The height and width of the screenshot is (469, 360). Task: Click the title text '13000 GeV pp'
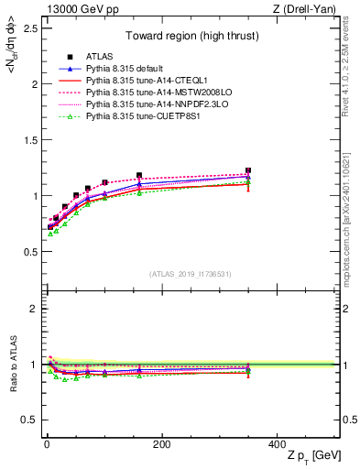[x=70, y=8]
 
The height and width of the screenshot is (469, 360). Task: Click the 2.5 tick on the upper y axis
[x=29, y=28]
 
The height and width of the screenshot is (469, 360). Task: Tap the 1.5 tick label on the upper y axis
[x=29, y=139]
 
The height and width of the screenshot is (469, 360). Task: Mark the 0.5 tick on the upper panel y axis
[x=29, y=251]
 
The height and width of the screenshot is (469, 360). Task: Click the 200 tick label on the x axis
[x=162, y=444]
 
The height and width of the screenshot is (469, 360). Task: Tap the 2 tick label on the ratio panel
[x=34, y=309]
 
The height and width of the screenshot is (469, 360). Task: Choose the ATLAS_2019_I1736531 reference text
[x=191, y=274]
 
